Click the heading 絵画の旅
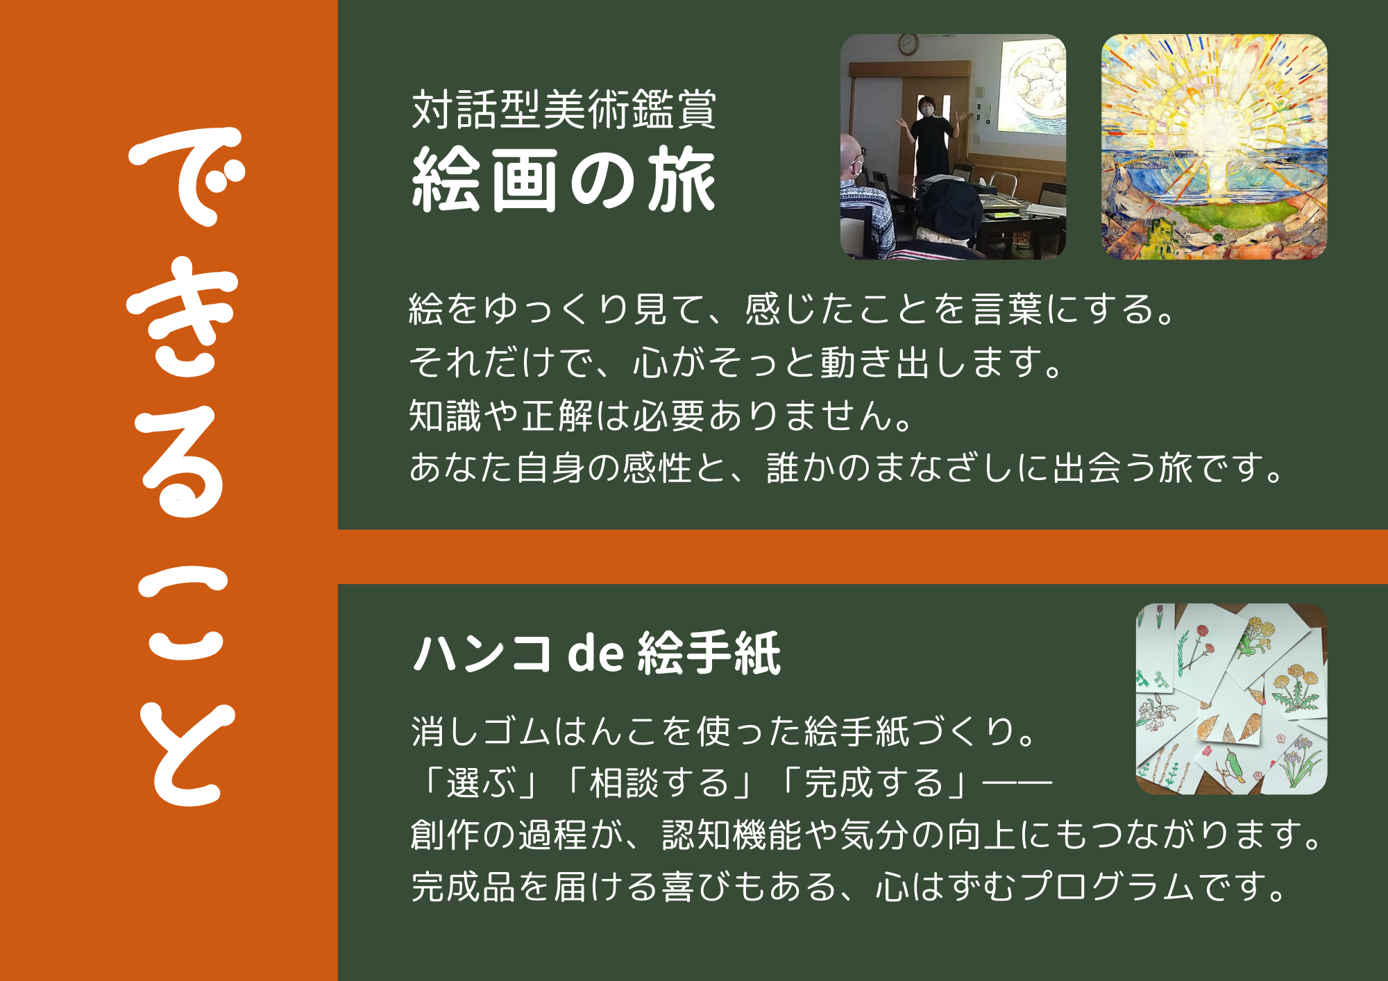pyautogui.click(x=564, y=180)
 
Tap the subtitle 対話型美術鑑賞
pyautogui.click(x=564, y=109)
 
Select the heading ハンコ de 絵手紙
pyautogui.click(x=597, y=653)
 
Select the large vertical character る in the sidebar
pyautogui.click(x=183, y=461)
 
